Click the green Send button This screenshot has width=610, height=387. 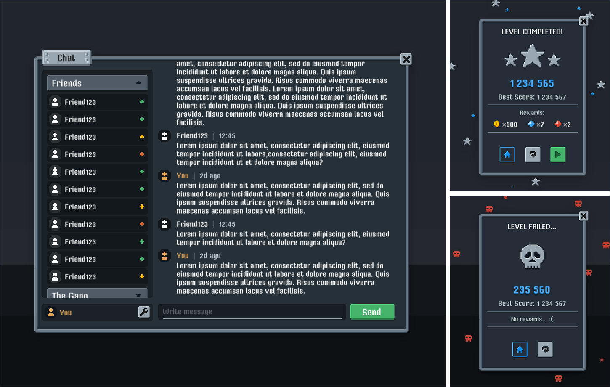click(x=372, y=312)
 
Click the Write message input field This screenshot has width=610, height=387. click(x=252, y=312)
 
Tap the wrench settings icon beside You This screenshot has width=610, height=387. click(x=143, y=312)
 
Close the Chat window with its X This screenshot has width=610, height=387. click(x=406, y=59)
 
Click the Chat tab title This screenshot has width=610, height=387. click(x=66, y=58)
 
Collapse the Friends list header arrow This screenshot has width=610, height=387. click(x=138, y=83)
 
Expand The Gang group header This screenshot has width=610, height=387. click(x=138, y=295)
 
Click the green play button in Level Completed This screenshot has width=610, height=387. click(x=558, y=154)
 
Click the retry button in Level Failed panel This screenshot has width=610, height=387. click(x=545, y=349)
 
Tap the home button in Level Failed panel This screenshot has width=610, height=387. click(x=520, y=349)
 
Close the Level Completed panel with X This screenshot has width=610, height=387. click(x=583, y=21)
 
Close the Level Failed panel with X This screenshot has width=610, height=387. click(x=583, y=216)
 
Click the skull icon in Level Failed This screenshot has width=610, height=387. click(x=532, y=256)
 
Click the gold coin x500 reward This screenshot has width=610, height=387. click(x=497, y=124)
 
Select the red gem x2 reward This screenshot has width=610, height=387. click(x=558, y=124)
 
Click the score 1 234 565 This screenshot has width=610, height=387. click(x=532, y=84)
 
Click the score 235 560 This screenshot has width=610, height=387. click(x=532, y=290)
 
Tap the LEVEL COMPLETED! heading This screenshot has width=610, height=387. click(x=532, y=32)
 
